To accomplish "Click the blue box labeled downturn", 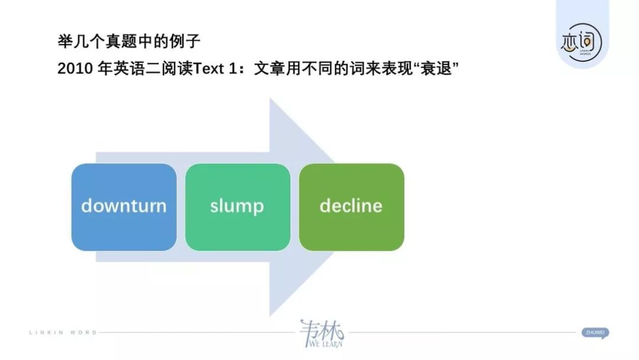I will [x=124, y=207].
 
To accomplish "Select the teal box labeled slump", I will [x=237, y=207].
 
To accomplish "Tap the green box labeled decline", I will [x=351, y=207].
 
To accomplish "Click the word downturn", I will [x=124, y=206].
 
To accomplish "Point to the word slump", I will [x=237, y=206].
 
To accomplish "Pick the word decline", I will [x=351, y=206].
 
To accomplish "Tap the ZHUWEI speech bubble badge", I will [x=595, y=333].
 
